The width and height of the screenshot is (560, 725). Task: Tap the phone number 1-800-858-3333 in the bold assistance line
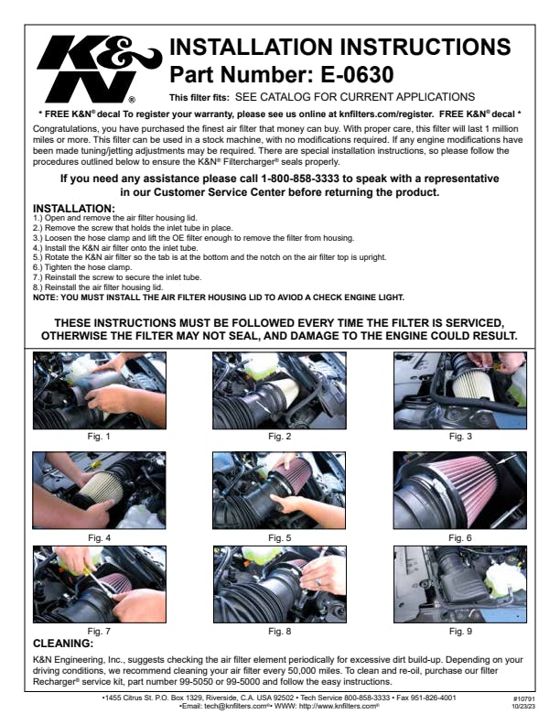[x=300, y=179]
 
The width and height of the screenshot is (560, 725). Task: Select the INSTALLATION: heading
[x=74, y=209]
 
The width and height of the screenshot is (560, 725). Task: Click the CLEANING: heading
[x=63, y=644]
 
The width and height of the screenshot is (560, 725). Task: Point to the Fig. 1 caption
[x=99, y=437]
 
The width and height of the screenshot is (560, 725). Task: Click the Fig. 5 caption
[x=279, y=537]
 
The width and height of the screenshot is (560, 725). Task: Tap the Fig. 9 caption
[x=460, y=631]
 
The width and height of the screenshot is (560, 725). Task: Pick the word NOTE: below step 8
[x=45, y=298]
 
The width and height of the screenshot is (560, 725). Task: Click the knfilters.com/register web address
[x=386, y=114]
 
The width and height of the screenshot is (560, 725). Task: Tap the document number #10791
[x=523, y=699]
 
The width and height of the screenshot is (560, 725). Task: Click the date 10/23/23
[x=523, y=707]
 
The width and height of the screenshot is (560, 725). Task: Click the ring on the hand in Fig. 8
[x=318, y=581]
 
